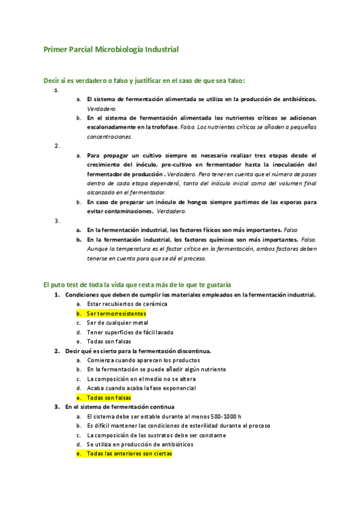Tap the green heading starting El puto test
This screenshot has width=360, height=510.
(x=137, y=284)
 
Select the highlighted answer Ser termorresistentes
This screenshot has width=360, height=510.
(x=116, y=313)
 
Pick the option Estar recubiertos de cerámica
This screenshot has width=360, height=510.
(x=127, y=304)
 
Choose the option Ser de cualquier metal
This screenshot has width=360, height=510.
(x=117, y=322)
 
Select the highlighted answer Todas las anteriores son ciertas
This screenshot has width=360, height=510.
(x=129, y=453)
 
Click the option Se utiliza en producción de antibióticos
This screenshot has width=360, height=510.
(x=140, y=444)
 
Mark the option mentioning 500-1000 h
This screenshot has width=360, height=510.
(x=163, y=416)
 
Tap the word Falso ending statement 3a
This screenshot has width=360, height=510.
(x=291, y=230)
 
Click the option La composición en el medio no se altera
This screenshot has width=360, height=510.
(x=141, y=379)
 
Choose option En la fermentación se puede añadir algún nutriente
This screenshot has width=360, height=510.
(x=156, y=369)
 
